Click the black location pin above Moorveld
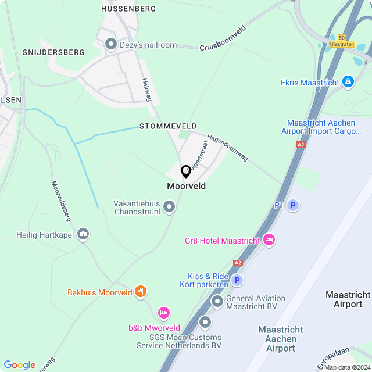coord(186,172)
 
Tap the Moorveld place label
coord(186,187)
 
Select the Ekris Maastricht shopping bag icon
coord(348,82)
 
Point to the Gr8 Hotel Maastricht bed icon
coord(269,239)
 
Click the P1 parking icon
coord(294,205)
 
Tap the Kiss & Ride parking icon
coord(237,280)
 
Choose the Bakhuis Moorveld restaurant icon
coord(140,292)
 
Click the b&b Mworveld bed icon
coord(164,313)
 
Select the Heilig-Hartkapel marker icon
coord(83,235)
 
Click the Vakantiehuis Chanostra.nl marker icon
coord(169,206)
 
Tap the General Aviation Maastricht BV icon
coord(217,301)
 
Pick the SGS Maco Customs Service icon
coord(205,321)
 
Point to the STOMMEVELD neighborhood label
coord(168,126)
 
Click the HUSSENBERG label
coord(128,9)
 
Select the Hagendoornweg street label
coord(227,148)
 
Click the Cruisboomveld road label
coord(223,38)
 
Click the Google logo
coord(19,364)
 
